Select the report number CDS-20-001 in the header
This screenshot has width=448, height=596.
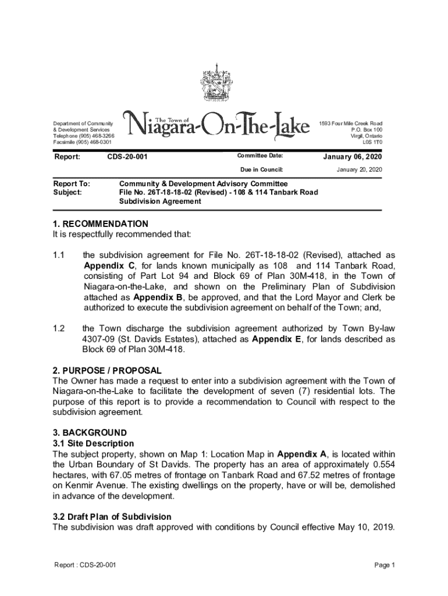point(127,157)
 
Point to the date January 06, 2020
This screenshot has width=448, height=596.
point(353,157)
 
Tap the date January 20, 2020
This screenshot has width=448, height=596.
point(359,169)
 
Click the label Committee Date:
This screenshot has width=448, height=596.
point(259,156)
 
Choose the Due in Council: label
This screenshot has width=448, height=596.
point(261,169)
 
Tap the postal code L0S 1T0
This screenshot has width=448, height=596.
point(372,142)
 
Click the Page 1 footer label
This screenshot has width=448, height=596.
point(385,565)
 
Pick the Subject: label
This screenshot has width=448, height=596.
point(67,191)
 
